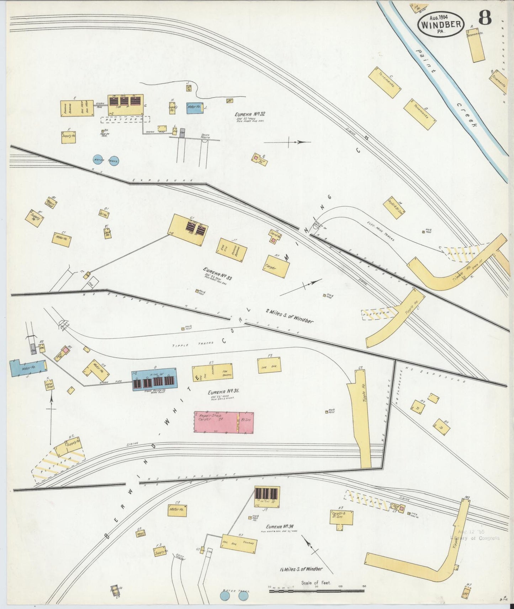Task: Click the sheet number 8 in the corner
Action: pyautogui.click(x=486, y=18)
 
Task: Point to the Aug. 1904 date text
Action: pyautogui.click(x=439, y=16)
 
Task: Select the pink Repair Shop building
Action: pyautogui.click(x=224, y=422)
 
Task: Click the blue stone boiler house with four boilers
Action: pyautogui.click(x=154, y=379)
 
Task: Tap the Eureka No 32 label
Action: pyautogui.click(x=250, y=114)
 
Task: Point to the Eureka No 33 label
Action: pyautogui.click(x=217, y=274)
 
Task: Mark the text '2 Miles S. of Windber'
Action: pyautogui.click(x=290, y=316)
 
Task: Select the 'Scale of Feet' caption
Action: pyautogui.click(x=316, y=583)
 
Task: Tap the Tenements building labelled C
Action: pyautogui.click(x=385, y=83)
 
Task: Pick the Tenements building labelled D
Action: pyautogui.click(x=420, y=114)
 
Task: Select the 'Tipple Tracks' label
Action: pyautogui.click(x=193, y=344)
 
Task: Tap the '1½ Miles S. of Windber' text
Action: pyautogui.click(x=301, y=569)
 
